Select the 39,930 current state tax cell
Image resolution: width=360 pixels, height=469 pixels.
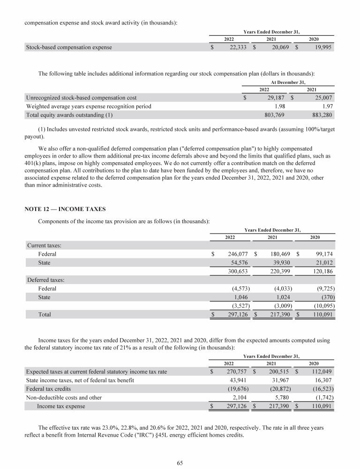[280, 263]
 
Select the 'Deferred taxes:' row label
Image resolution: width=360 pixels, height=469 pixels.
[46, 280]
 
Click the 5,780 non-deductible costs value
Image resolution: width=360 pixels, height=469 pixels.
[283, 397]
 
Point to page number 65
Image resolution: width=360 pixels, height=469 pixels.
[180, 463]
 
